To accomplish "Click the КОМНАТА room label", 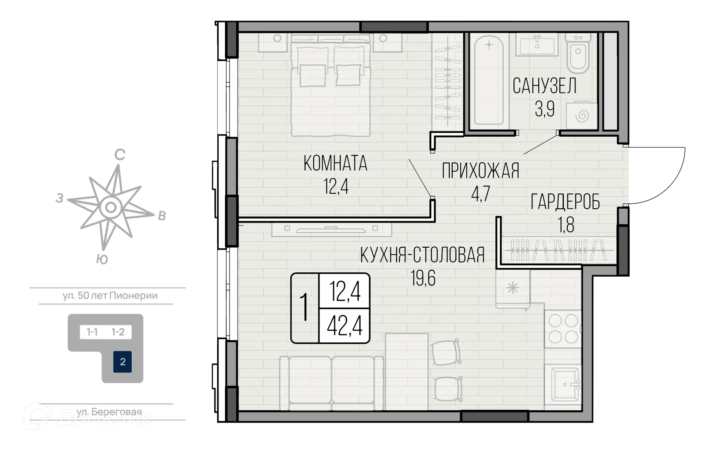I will (x=335, y=164).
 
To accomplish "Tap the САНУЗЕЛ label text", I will (x=544, y=86).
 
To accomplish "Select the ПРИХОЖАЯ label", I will (x=481, y=171).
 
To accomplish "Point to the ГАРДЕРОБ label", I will (x=565, y=202).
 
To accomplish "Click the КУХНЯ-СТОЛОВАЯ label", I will (x=422, y=255).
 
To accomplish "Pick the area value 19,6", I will (x=423, y=278).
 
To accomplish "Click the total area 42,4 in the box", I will (x=345, y=326).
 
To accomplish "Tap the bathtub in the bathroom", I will (x=488, y=80).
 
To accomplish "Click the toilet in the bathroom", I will (x=578, y=54).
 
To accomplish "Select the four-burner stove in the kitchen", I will (x=563, y=328).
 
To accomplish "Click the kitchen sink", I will (x=564, y=384).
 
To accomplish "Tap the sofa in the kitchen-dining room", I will (x=331, y=382).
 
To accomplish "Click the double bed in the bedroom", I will (x=331, y=88).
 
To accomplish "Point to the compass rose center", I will (x=111, y=208).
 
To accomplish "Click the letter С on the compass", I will (x=120, y=155).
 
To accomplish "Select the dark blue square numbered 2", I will (x=122, y=362).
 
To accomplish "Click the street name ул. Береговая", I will (x=109, y=412).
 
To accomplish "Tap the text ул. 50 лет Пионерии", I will (x=110, y=296).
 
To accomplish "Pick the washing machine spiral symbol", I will (x=582, y=116).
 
